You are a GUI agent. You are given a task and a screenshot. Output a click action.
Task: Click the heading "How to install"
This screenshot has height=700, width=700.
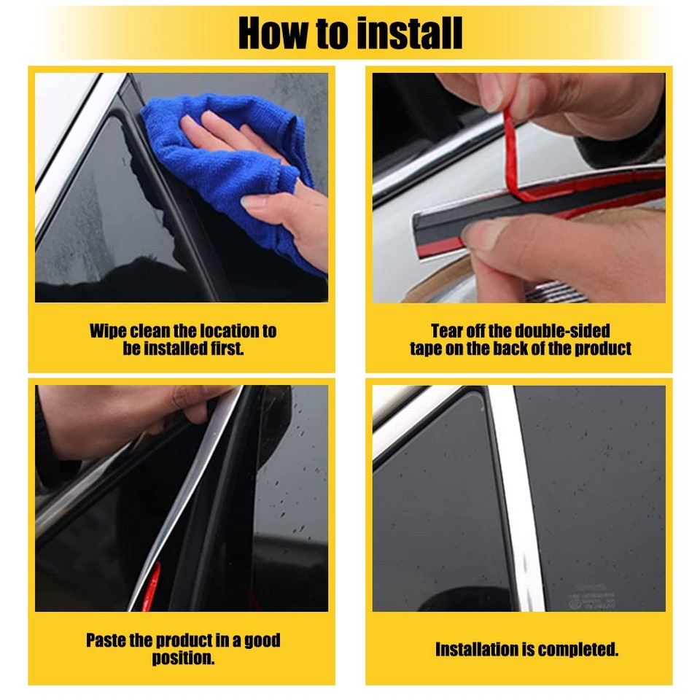pyautogui.click(x=350, y=34)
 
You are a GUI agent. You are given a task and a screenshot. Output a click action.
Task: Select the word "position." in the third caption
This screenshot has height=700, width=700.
pyautogui.click(x=183, y=658)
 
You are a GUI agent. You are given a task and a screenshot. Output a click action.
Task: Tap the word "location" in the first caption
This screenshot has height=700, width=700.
pyautogui.click(x=231, y=331)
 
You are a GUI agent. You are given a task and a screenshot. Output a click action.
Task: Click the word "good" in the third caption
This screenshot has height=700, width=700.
pyautogui.click(x=262, y=641)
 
